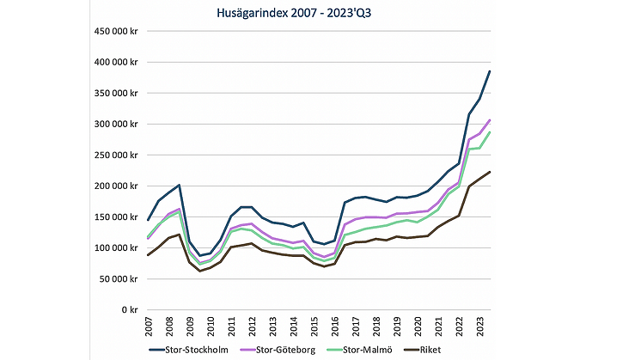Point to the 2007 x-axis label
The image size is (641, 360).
click(x=147, y=326)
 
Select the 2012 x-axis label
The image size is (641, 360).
click(x=252, y=326)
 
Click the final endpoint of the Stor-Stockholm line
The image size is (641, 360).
click(x=490, y=71)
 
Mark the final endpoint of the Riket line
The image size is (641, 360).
click(x=490, y=172)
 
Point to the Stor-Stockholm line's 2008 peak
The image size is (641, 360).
click(x=179, y=185)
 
